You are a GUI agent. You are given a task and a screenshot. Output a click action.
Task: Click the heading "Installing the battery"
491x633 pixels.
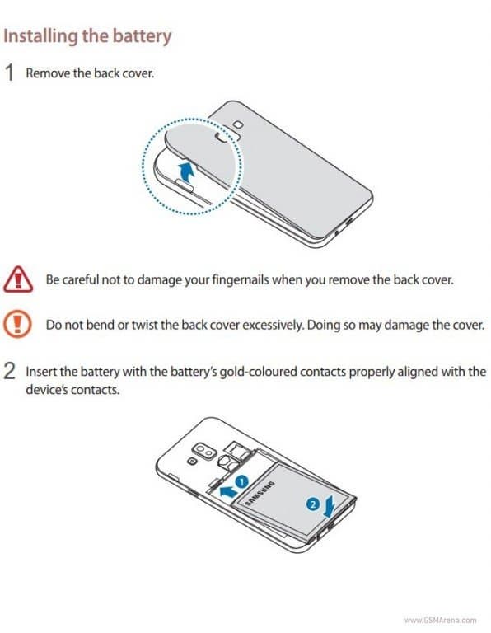point(88,36)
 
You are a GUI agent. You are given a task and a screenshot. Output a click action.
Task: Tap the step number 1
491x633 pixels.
point(10,73)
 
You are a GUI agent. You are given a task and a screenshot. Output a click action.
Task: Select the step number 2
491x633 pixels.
point(10,372)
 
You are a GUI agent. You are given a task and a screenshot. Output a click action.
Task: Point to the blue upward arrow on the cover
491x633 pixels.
point(189,172)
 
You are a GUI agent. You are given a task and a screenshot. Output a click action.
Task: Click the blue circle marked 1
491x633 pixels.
point(242,478)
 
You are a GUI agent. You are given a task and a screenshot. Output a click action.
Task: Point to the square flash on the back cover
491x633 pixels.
point(238,124)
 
